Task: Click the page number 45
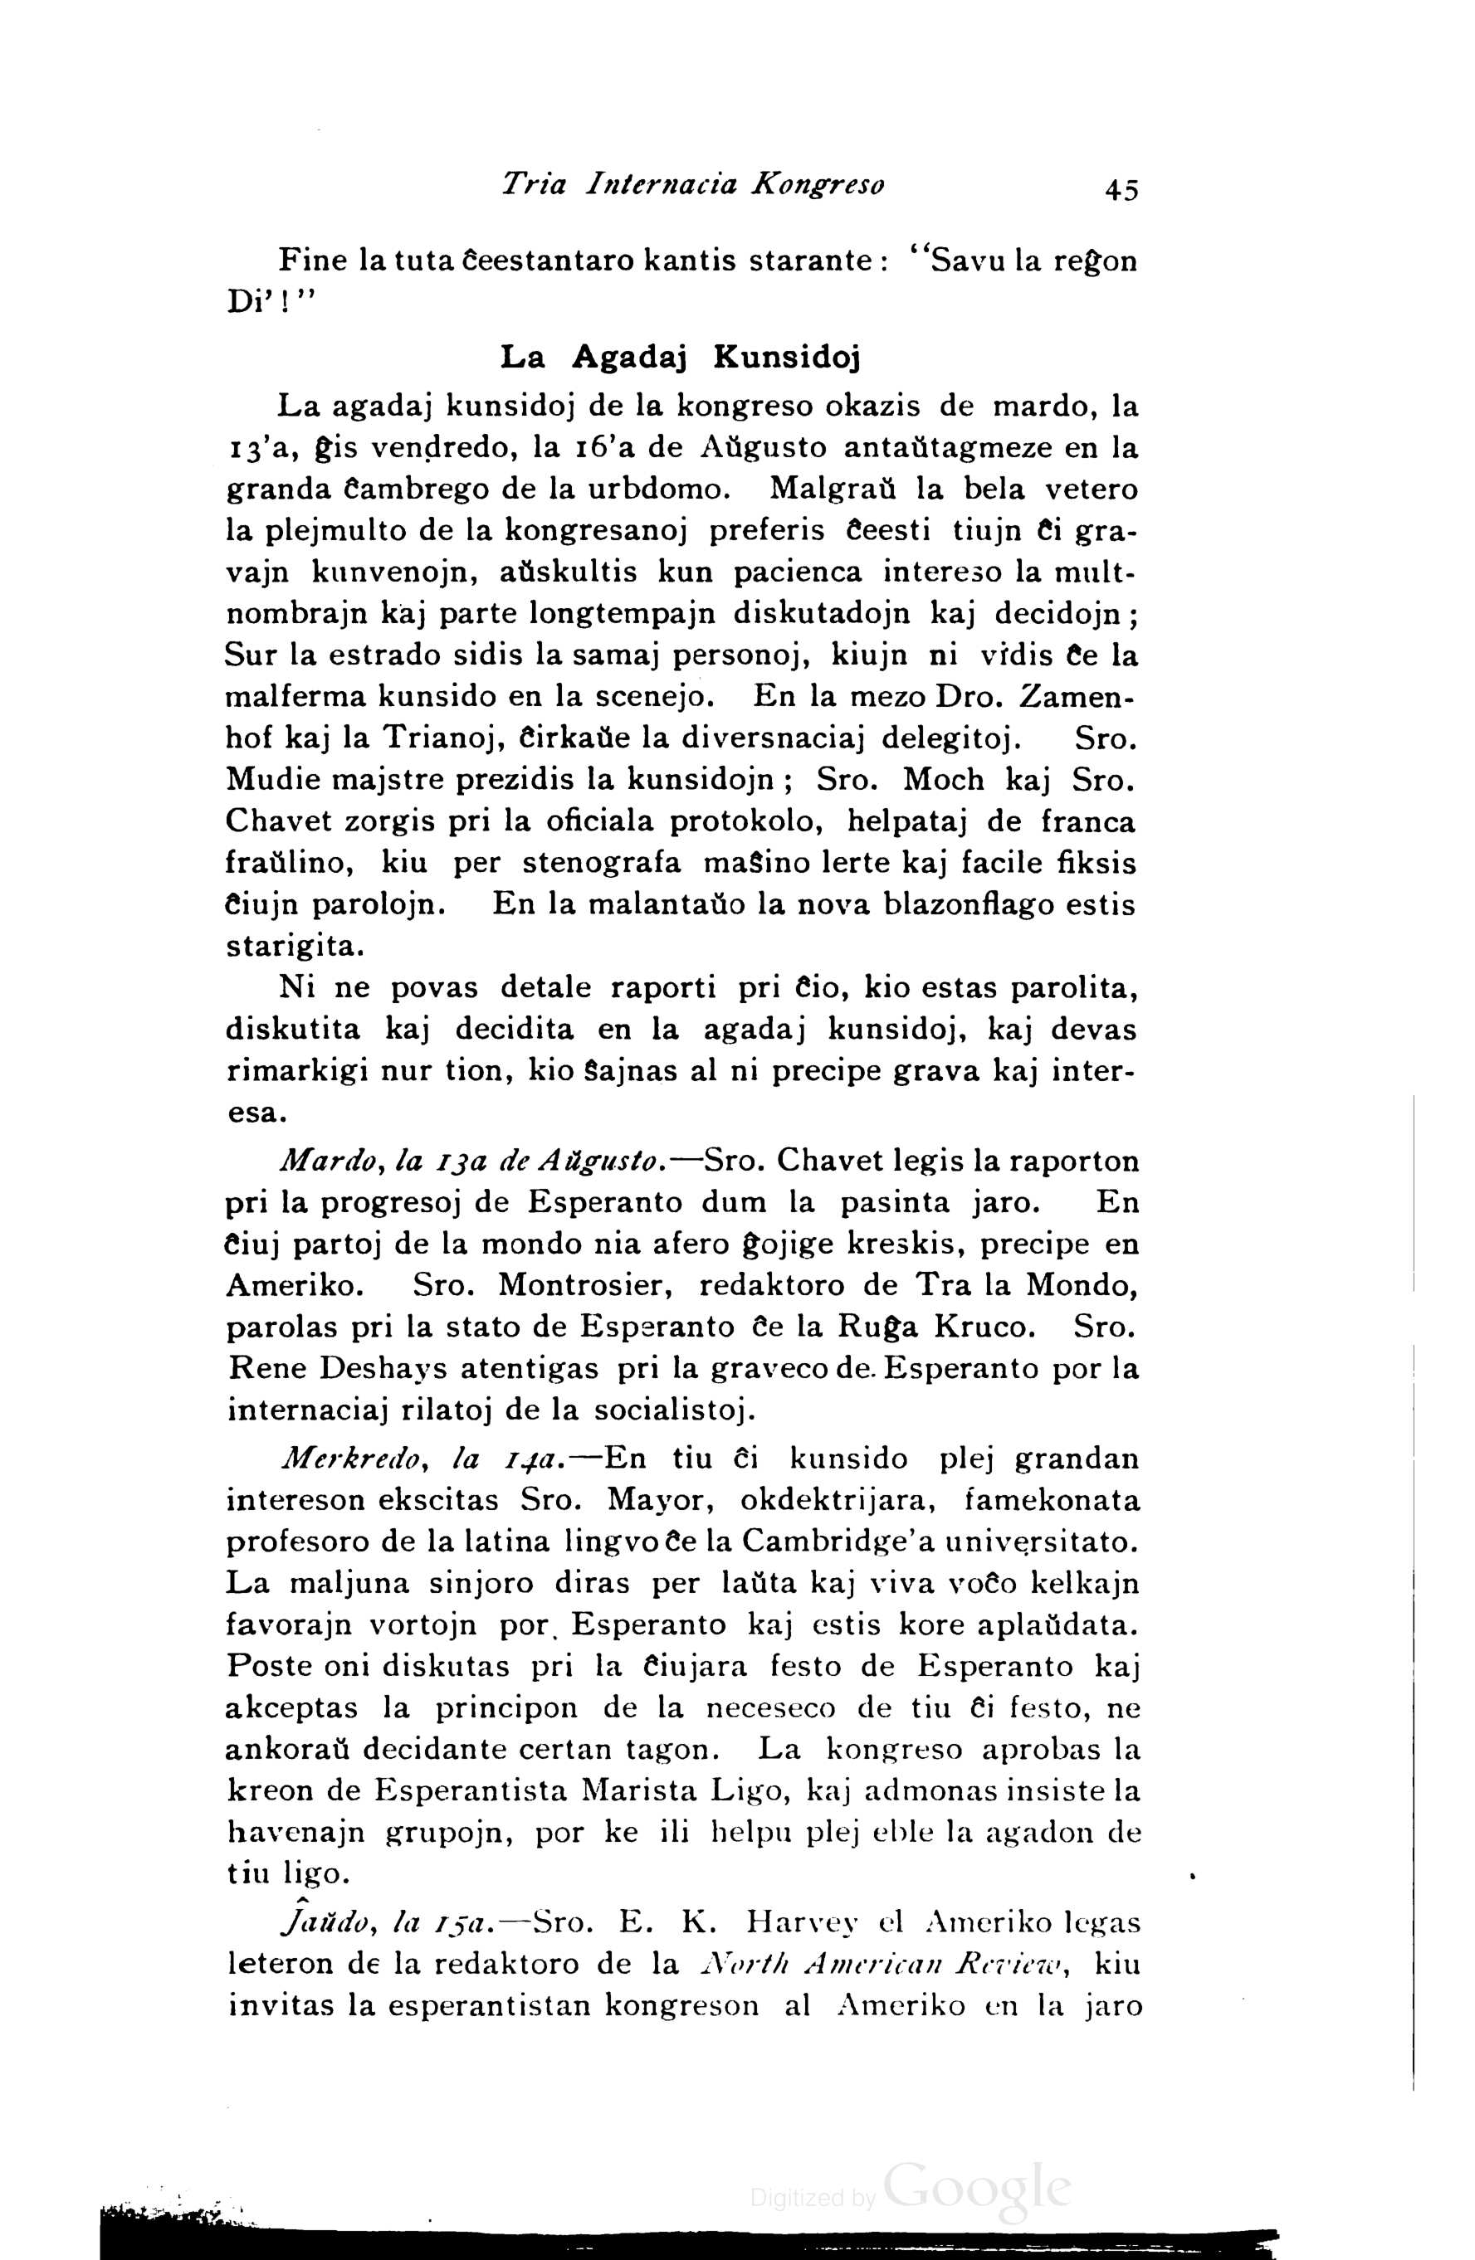pos(1121,189)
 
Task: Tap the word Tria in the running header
pos(534,183)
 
